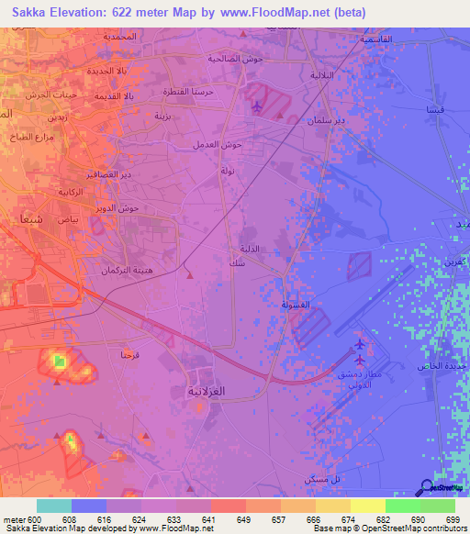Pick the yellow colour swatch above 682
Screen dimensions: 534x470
tap(367, 506)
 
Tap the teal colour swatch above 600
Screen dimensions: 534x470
tap(54, 506)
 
